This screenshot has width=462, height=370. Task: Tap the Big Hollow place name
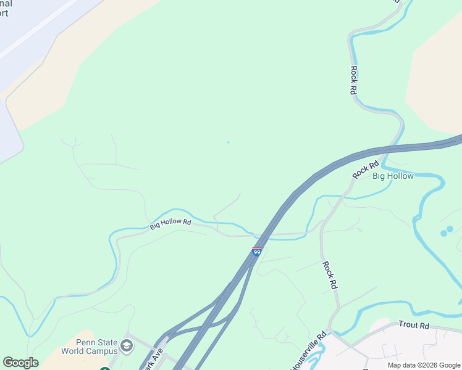click(393, 176)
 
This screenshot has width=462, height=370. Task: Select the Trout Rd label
click(414, 324)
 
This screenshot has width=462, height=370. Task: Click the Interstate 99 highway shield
click(257, 252)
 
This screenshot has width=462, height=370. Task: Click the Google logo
click(20, 363)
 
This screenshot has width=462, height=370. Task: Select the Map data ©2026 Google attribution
click(423, 365)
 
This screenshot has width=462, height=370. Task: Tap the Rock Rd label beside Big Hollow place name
click(365, 170)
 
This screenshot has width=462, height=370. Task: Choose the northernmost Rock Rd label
click(354, 80)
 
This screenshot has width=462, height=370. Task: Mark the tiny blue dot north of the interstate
click(228, 142)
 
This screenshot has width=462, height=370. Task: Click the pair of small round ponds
click(447, 231)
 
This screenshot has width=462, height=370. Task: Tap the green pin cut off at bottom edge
click(104, 368)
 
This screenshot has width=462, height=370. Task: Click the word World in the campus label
click(73, 351)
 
